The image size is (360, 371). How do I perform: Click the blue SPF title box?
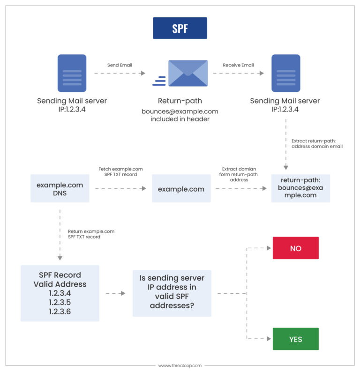click(x=180, y=28)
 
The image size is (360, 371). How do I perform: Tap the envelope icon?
click(x=187, y=73)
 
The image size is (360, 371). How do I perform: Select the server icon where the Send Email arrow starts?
click(x=72, y=73)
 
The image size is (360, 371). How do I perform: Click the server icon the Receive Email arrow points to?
click(x=285, y=73)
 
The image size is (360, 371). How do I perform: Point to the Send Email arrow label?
click(x=120, y=65)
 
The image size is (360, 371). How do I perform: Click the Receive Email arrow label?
click(x=238, y=65)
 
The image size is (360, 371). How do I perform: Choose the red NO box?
click(x=295, y=248)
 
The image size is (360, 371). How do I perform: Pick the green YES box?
click(x=295, y=339)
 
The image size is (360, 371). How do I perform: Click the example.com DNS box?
click(x=60, y=189)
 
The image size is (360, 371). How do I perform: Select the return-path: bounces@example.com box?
click(x=300, y=188)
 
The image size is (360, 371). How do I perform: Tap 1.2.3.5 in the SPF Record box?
click(x=60, y=302)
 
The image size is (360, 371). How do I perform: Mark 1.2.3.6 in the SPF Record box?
click(x=60, y=311)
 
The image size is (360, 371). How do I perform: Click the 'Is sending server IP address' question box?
click(x=172, y=293)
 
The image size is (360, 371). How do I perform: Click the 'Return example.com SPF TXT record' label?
click(x=91, y=234)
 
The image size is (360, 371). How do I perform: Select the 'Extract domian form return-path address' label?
click(x=240, y=174)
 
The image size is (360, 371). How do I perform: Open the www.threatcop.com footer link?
click(x=180, y=365)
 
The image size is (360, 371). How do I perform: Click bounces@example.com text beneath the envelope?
click(x=180, y=111)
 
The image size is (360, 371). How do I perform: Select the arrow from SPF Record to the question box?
click(x=116, y=293)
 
